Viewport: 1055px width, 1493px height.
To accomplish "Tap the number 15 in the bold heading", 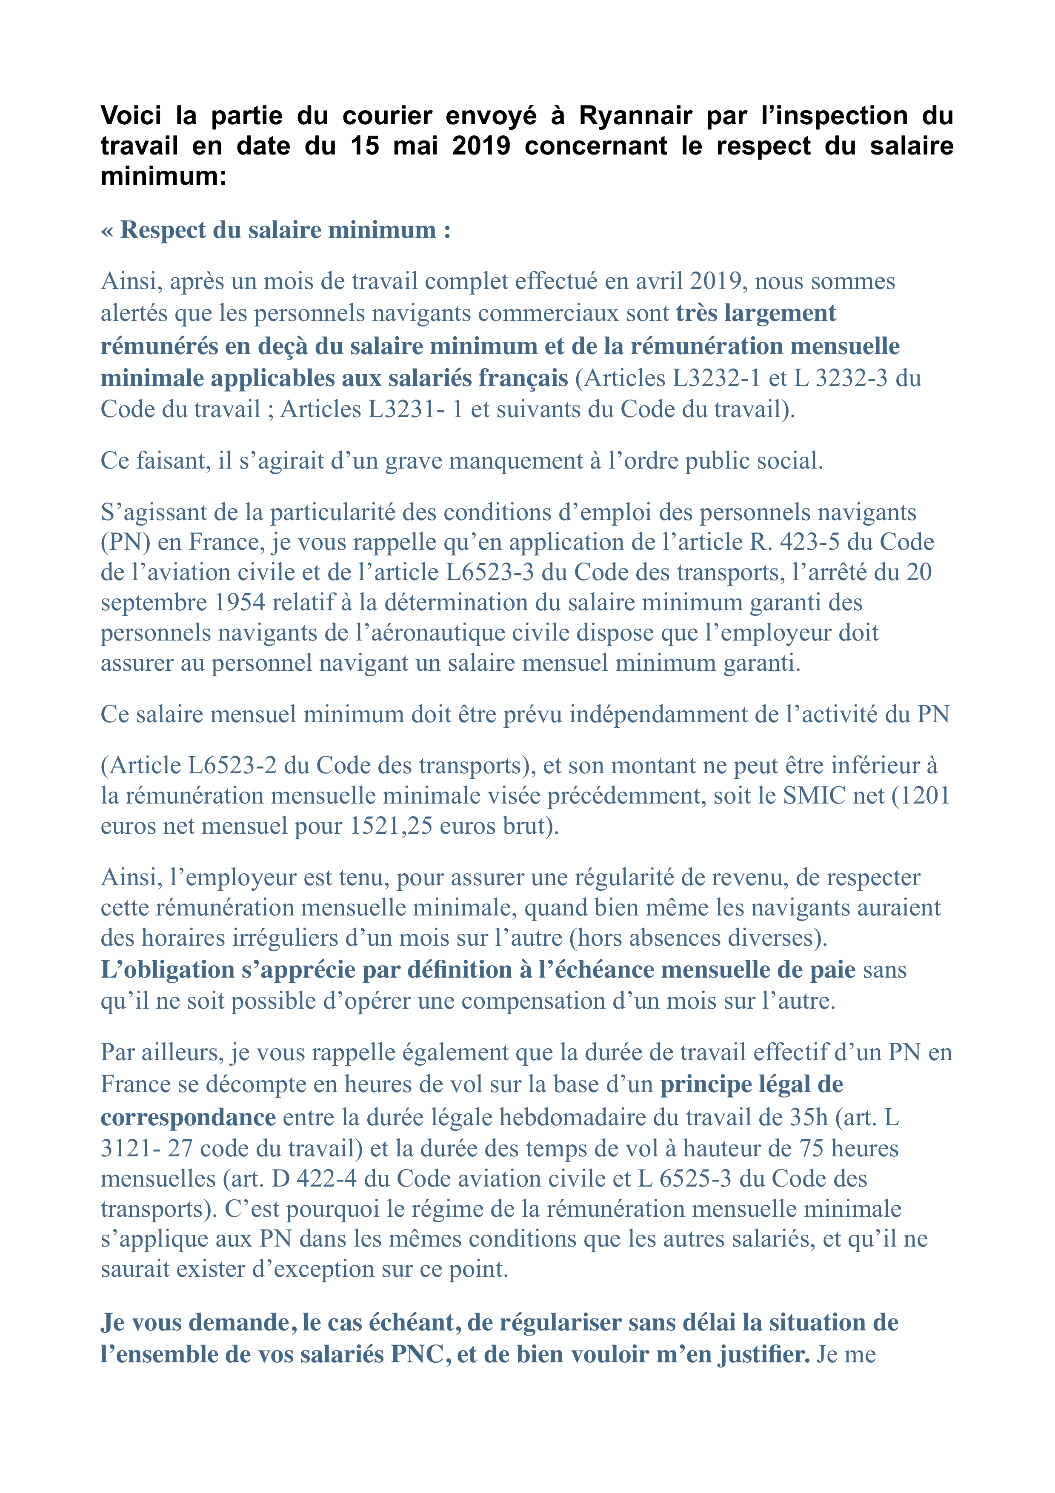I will [365, 146].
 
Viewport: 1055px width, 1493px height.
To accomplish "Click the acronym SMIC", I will [815, 795].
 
